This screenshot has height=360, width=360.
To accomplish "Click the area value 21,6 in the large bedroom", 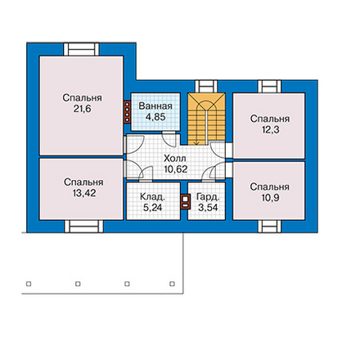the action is tap(82, 109).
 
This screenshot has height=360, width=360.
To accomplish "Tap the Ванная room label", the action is tap(155, 106).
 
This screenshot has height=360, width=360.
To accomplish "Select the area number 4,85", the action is tap(155, 117).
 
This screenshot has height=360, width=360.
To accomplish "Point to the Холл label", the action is tap(175, 158).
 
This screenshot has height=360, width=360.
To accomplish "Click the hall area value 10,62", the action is tap(176, 169).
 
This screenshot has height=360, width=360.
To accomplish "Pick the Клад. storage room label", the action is tap(152, 196).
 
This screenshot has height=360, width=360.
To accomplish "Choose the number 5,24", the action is tap(152, 208).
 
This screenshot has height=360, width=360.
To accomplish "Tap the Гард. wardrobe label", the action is tap(208, 196).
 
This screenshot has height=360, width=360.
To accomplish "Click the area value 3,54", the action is tap(208, 208).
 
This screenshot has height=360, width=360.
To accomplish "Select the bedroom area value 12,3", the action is tap(271, 130).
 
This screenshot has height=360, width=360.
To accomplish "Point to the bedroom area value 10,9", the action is tap(270, 198).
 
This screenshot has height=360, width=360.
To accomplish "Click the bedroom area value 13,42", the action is tap(84, 193).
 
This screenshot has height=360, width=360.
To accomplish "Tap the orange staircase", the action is tap(206, 119).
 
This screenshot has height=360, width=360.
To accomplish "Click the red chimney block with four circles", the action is tap(127, 112).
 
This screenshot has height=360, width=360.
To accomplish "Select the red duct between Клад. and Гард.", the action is tap(185, 201).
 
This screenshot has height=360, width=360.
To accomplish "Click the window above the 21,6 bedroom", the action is tap(81, 50).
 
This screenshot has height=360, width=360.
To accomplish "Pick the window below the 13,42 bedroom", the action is tap(83, 227).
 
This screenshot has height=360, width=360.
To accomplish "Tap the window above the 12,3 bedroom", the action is tap(269, 87).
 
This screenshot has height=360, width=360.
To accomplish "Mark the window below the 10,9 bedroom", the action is tap(269, 227).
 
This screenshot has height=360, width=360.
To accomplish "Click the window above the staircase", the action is tap(206, 87).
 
